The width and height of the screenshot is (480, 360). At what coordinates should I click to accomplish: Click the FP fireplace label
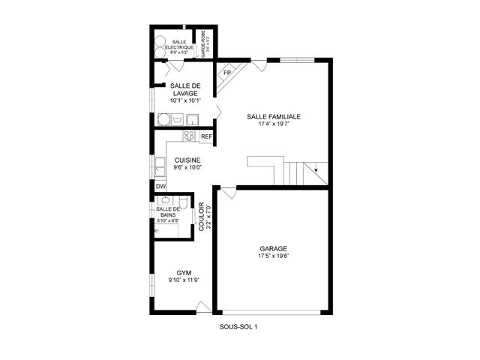(x=226, y=73)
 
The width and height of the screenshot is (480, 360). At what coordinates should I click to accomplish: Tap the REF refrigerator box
(x=206, y=136)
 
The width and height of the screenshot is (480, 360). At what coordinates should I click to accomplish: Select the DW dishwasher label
(x=160, y=186)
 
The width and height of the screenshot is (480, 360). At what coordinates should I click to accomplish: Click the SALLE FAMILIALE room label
(x=274, y=117)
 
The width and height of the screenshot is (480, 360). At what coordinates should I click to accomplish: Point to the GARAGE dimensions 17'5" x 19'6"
(x=274, y=256)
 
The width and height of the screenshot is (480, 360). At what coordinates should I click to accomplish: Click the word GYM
(x=184, y=272)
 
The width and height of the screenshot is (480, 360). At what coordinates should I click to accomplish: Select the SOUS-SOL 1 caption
(x=239, y=326)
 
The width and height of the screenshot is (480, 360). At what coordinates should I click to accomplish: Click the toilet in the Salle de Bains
(x=183, y=203)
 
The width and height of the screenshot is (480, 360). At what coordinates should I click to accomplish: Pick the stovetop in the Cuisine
(x=189, y=136)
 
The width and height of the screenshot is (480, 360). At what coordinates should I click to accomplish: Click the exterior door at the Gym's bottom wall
(x=202, y=307)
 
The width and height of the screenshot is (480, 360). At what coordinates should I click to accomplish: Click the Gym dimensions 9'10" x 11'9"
(x=184, y=280)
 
